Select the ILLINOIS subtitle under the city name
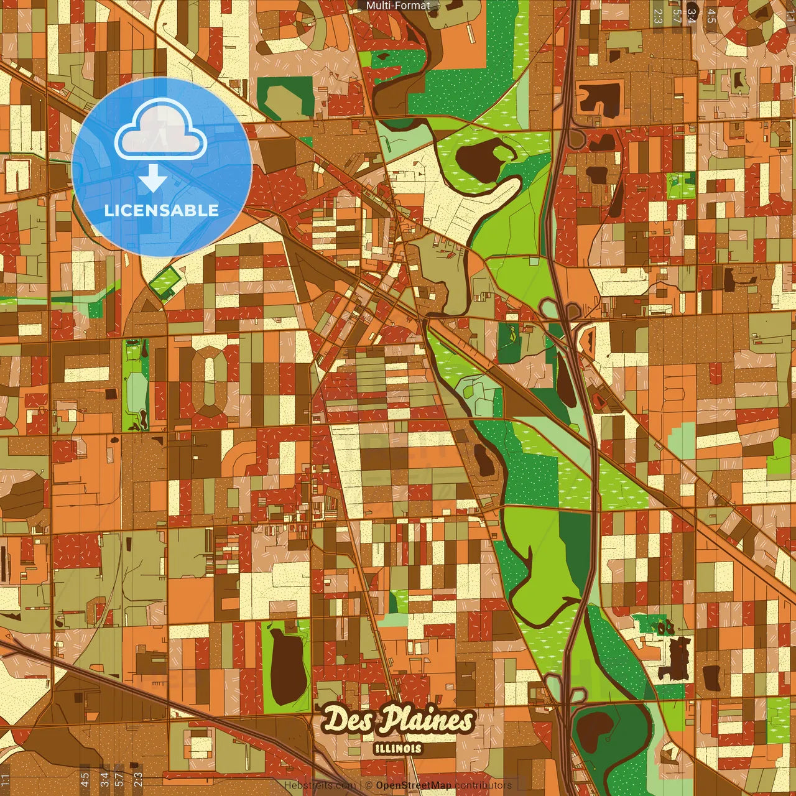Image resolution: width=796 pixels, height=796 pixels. pyautogui.click(x=399, y=749)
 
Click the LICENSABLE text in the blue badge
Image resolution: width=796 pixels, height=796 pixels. pyautogui.click(x=162, y=210)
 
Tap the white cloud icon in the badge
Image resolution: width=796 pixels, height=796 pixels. pyautogui.click(x=161, y=130)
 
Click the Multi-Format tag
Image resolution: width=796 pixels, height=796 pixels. pyautogui.click(x=398, y=6)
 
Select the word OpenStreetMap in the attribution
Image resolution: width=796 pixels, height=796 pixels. pyautogui.click(x=413, y=785)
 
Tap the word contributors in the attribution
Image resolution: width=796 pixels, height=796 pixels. pyautogui.click(x=483, y=785)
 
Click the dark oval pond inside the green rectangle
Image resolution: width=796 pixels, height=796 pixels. pyautogui.click(x=285, y=666)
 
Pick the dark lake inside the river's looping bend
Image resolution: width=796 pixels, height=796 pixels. pyautogui.click(x=482, y=158)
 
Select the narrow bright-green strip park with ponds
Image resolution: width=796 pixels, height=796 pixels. pyautogui.click(x=136, y=386)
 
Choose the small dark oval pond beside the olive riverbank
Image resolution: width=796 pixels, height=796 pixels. pyautogui.click(x=483, y=458)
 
